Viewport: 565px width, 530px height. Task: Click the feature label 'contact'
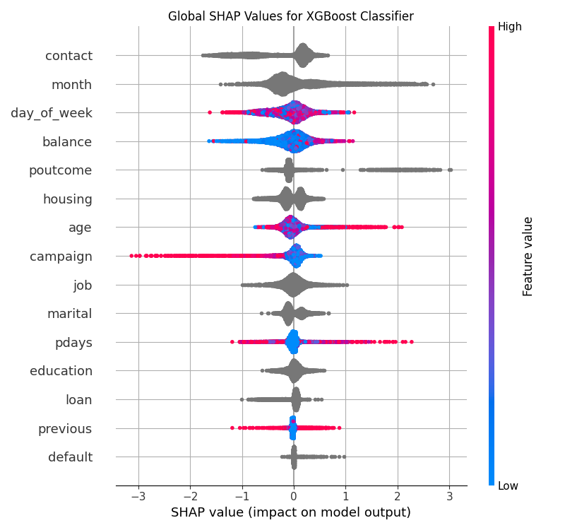(x=69, y=56)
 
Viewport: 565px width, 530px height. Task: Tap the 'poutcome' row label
(x=60, y=170)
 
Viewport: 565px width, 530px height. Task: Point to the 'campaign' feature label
(x=61, y=257)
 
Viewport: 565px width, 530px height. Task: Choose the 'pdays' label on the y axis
(x=73, y=343)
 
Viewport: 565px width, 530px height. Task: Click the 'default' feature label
(x=70, y=457)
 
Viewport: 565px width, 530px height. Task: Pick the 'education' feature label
(x=61, y=371)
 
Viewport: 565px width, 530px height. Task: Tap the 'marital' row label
(x=69, y=314)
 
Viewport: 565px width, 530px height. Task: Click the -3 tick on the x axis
(x=138, y=495)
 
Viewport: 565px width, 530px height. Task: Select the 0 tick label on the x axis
(x=294, y=495)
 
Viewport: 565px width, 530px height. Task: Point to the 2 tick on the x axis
(x=398, y=495)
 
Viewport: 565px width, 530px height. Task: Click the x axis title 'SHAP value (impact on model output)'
(x=291, y=512)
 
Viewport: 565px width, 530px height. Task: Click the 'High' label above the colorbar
(x=509, y=27)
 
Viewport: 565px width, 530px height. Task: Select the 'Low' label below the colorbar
(x=509, y=485)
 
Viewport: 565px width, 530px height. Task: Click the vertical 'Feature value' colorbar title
(x=528, y=257)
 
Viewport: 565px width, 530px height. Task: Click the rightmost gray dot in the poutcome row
(x=450, y=170)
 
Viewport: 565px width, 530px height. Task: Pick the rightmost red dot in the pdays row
(x=411, y=342)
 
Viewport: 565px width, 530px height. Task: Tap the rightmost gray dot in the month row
(x=433, y=84)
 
